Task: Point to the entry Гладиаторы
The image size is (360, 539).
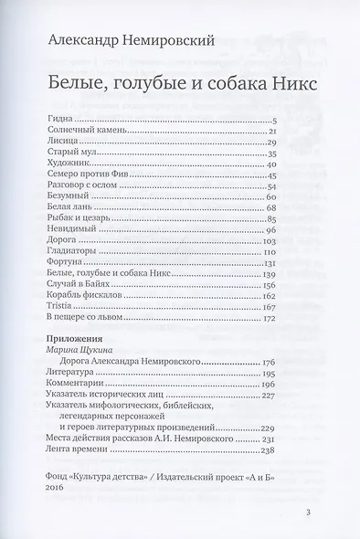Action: [x=69, y=252]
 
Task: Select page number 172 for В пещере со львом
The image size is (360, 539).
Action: [x=269, y=319]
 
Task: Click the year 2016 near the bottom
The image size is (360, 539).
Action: [x=54, y=488]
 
